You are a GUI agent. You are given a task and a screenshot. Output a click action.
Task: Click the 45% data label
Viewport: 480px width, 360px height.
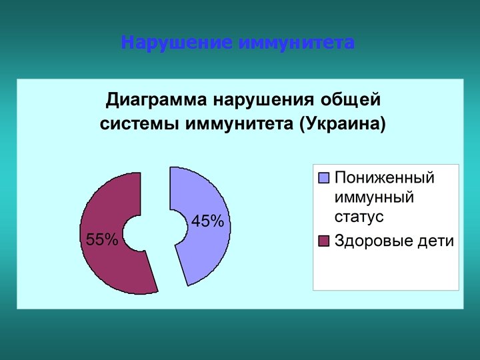[207, 221]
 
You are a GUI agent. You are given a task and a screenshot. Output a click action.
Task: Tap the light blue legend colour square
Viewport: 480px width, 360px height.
[325, 178]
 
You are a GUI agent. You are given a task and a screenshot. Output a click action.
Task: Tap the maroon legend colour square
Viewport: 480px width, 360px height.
[325, 241]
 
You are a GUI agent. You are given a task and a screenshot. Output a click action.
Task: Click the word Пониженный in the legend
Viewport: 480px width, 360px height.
[384, 178]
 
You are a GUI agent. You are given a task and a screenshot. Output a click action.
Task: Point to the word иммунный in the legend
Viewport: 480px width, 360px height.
[374, 197]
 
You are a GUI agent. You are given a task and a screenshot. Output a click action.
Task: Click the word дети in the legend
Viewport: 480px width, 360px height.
[437, 241]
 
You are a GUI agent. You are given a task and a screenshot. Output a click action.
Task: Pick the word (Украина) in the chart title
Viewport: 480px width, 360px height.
[342, 124]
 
